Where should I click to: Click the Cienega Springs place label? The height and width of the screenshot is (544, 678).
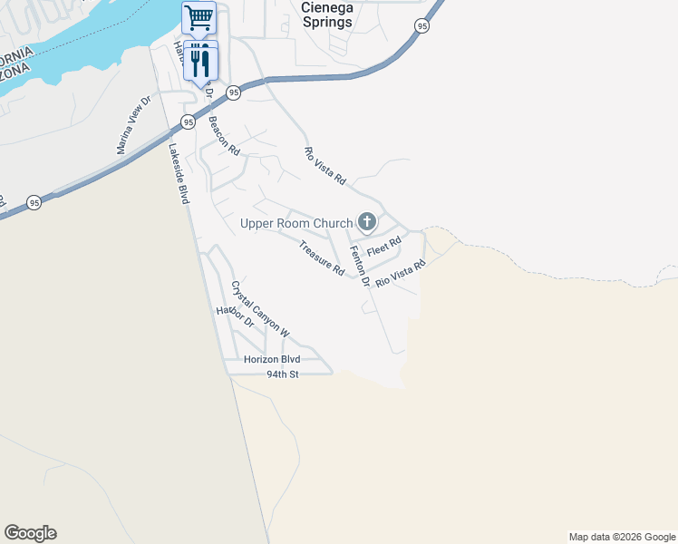pyautogui.click(x=325, y=15)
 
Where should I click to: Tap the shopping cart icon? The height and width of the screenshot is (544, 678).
pyautogui.click(x=199, y=16)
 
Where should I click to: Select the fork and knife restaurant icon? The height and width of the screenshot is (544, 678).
pyautogui.click(x=200, y=60)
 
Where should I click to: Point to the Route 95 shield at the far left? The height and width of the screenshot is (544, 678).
pyautogui.click(x=34, y=201)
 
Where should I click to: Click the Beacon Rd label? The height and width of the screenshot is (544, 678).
pyautogui.click(x=223, y=136)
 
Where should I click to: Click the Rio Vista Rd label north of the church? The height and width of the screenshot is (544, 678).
pyautogui.click(x=324, y=167)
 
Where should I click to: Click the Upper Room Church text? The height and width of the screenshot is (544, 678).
pyautogui.click(x=295, y=223)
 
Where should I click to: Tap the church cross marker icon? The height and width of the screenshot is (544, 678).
pyautogui.click(x=367, y=221)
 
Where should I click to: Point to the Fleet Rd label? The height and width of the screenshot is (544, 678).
pyautogui.click(x=383, y=246)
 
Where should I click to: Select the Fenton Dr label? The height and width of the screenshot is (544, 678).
pyautogui.click(x=360, y=267)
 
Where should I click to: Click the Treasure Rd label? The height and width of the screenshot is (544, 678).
pyautogui.click(x=322, y=257)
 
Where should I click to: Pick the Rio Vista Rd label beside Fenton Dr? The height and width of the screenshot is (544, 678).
pyautogui.click(x=401, y=274)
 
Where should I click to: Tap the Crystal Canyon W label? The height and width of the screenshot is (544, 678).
pyautogui.click(x=259, y=309)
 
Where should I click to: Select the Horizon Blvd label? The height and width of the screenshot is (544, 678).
pyautogui.click(x=272, y=360)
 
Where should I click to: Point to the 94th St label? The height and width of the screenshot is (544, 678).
pyautogui.click(x=282, y=374)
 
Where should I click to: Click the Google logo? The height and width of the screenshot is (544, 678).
pyautogui.click(x=30, y=533)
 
